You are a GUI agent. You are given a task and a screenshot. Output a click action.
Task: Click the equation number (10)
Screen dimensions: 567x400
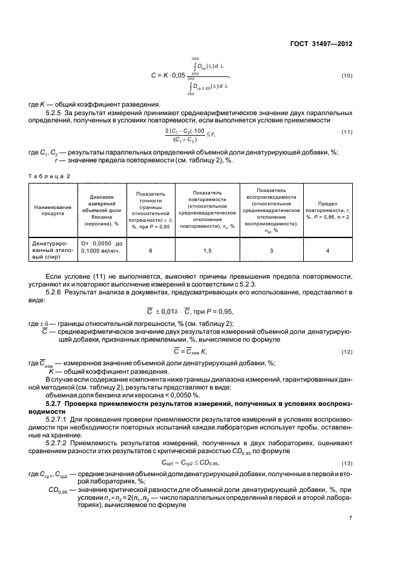(x=347, y=75)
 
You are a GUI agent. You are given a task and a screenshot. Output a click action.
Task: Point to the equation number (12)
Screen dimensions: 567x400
(x=347, y=351)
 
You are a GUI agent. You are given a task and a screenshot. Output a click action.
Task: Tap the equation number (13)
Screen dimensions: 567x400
(x=347, y=463)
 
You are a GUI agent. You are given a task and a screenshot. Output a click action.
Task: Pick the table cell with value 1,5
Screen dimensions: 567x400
(x=207, y=250)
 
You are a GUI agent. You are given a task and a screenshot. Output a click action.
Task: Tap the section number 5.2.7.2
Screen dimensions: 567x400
(x=59, y=441)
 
